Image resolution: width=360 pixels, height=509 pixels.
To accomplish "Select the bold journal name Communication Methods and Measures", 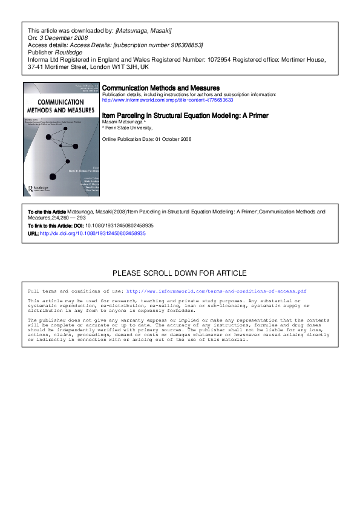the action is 160,88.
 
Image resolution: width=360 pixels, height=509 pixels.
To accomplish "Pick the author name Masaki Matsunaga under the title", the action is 124,122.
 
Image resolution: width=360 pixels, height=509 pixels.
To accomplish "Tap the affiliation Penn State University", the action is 129,128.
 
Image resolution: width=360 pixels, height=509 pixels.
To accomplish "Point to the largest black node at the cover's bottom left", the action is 53,176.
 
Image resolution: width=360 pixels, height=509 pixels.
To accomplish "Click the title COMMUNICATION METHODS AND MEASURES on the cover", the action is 61,106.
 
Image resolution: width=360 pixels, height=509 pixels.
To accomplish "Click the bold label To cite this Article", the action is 47,212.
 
